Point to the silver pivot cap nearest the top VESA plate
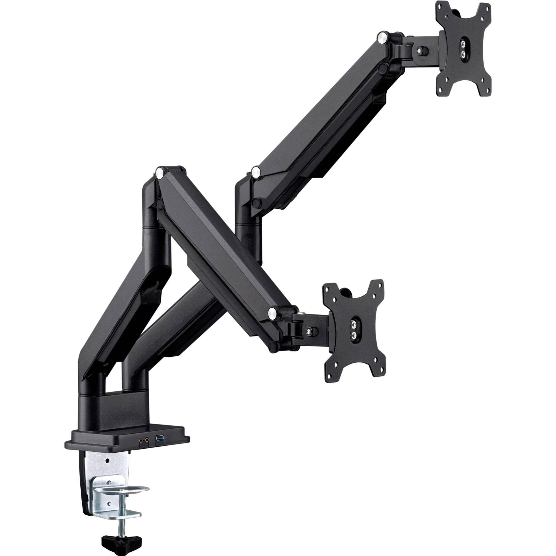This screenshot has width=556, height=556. [383, 38]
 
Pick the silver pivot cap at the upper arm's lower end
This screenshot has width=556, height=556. [255, 173]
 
